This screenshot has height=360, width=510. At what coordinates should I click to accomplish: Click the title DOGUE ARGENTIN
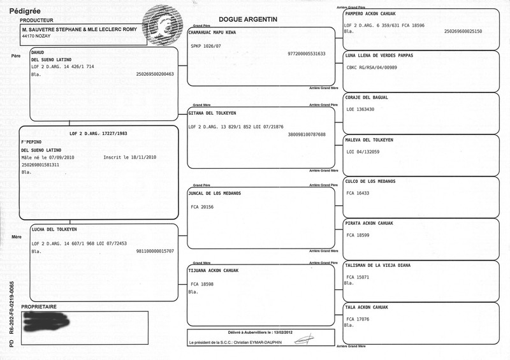247,20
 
